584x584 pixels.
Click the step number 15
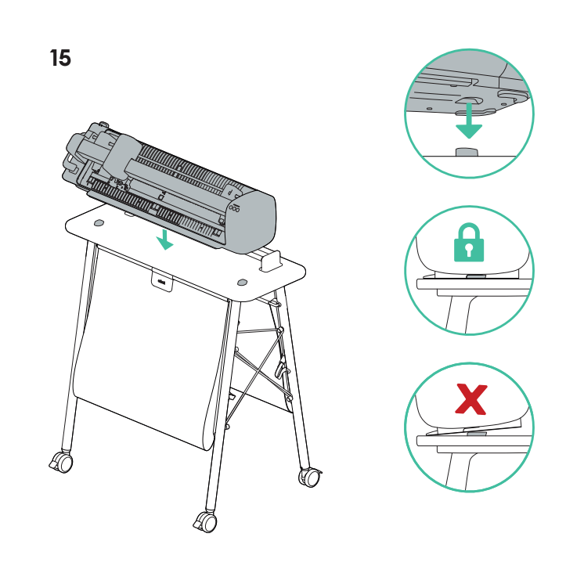click(60, 58)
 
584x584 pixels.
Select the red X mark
click(470, 399)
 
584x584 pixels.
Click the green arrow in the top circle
click(469, 121)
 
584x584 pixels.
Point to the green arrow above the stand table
click(164, 240)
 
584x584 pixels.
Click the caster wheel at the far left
click(62, 462)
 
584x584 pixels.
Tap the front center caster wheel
click(207, 522)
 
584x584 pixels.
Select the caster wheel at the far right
click(311, 476)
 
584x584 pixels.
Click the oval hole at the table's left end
click(98, 224)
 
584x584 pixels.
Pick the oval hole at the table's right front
click(242, 281)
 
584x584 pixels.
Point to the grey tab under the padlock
click(475, 276)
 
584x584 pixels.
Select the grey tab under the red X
click(475, 433)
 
